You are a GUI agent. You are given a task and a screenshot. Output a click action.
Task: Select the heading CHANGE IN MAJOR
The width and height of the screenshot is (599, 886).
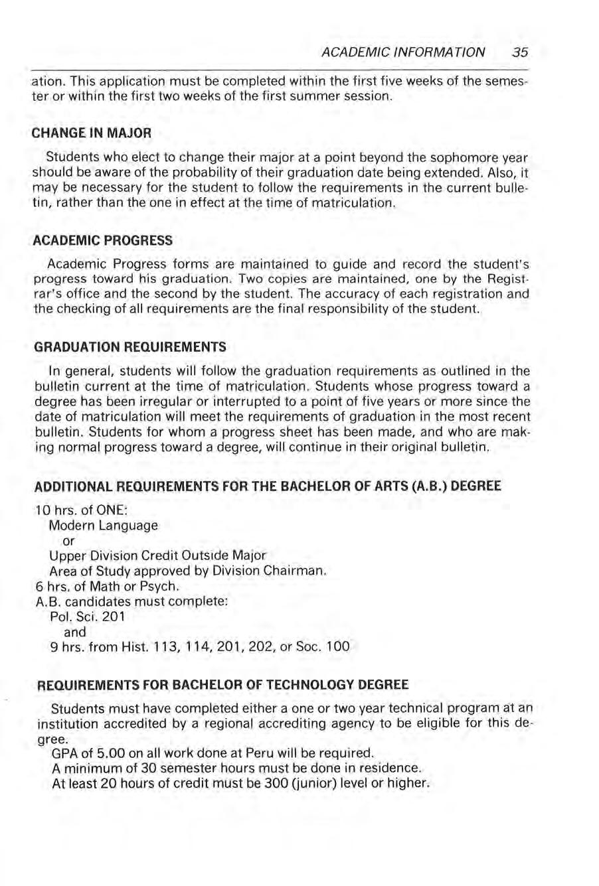(92, 133)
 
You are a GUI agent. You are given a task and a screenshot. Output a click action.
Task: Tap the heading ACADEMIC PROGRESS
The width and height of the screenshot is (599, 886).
(103, 239)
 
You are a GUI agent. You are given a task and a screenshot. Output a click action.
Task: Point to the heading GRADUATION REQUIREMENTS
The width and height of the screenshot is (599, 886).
(129, 346)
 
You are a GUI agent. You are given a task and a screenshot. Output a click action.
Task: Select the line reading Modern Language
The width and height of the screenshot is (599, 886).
(104, 525)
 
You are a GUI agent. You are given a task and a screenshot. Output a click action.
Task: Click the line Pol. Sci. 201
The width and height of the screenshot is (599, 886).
(88, 617)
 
